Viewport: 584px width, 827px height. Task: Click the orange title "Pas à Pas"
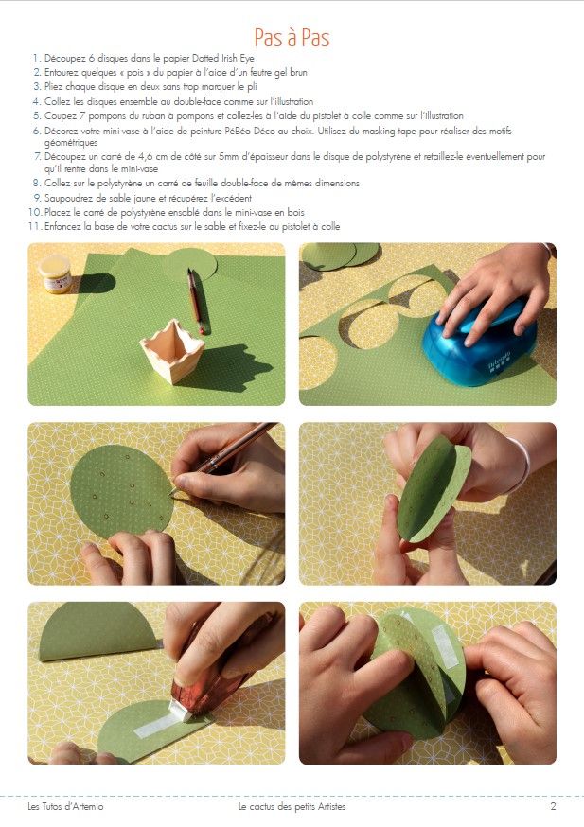292,38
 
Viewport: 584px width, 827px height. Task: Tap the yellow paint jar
55,273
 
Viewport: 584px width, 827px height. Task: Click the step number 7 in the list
38,157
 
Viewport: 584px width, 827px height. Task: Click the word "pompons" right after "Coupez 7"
104,116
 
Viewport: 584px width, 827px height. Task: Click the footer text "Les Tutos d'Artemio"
65,806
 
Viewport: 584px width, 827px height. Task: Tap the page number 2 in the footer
553,806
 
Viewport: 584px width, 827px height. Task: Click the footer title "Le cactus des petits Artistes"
292,806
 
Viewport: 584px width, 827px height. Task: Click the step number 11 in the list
35,227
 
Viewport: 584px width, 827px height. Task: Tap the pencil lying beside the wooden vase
195,301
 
